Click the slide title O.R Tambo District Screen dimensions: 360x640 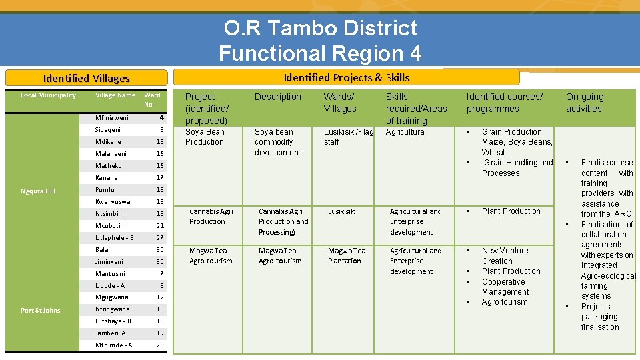320,28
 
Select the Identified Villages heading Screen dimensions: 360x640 86,78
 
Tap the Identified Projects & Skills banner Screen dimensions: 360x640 347,77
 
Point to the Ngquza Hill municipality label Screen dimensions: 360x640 38,191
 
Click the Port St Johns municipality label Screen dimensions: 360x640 40,310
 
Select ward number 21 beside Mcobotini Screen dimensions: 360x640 160,226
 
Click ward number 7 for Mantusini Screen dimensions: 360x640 161,274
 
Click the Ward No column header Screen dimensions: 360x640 153,99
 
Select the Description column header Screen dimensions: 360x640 278,97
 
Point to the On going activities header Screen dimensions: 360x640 585,103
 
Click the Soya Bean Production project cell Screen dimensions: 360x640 205,137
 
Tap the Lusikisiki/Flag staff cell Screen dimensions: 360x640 348,137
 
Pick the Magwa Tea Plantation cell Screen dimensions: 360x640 347,256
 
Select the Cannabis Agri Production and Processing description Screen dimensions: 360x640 283,221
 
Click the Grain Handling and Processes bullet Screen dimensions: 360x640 517,167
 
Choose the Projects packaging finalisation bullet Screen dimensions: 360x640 599,317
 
